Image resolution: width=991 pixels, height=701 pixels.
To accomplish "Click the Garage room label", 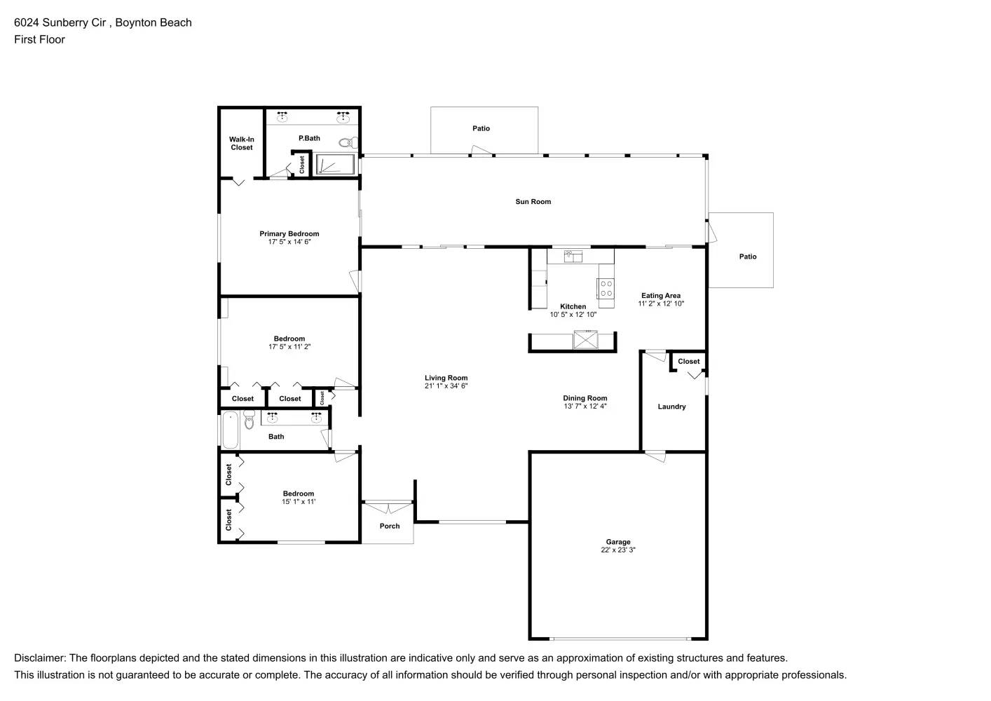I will [x=617, y=542].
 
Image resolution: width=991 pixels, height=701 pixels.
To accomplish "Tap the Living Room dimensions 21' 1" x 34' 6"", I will [x=446, y=386].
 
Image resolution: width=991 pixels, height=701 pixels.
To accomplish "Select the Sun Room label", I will [x=533, y=202].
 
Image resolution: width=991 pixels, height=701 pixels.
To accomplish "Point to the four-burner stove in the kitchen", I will [x=606, y=288].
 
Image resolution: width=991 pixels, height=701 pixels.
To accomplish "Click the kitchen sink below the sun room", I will [x=573, y=257].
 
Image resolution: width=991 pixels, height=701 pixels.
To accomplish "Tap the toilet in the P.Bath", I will [x=346, y=143].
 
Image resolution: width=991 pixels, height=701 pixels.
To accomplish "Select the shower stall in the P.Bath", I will [x=334, y=165].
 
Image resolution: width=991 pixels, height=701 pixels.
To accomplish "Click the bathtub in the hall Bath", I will [x=230, y=430].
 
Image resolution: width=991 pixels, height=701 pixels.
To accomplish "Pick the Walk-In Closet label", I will [x=241, y=144].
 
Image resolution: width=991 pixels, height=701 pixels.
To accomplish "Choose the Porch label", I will [x=390, y=526].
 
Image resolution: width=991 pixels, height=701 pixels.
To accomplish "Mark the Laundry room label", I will [x=671, y=407].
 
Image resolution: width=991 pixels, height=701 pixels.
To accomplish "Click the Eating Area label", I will [x=660, y=296].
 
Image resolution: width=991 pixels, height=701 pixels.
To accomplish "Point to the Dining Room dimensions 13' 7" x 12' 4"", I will [x=585, y=407].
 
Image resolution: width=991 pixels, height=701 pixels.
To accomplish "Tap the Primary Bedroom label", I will [x=289, y=234].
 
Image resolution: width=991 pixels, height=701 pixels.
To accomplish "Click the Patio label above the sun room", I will [x=481, y=128].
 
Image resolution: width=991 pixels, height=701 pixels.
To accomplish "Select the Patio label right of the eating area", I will [x=748, y=257].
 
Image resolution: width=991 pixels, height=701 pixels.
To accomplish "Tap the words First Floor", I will [x=39, y=39].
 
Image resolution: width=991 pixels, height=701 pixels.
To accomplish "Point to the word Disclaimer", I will [x=39, y=658].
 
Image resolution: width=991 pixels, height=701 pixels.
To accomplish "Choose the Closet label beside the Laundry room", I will [x=688, y=362].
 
